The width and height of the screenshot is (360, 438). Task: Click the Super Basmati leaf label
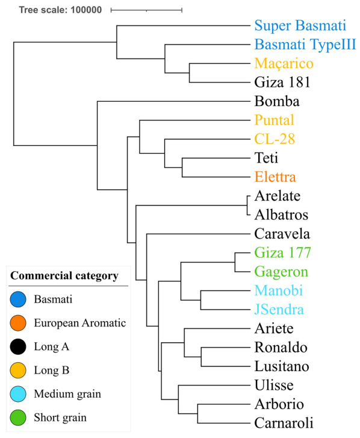click(300, 25)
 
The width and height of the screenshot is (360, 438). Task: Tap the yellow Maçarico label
click(284, 63)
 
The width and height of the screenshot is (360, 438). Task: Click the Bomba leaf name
click(276, 101)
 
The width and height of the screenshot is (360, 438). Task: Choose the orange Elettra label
click(276, 177)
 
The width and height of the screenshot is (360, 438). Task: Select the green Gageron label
click(281, 272)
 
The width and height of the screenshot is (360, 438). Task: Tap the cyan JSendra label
click(279, 310)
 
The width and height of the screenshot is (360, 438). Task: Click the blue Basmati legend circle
click(18, 298)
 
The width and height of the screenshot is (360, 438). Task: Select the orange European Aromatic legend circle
click(18, 322)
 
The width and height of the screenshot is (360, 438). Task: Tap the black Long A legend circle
click(18, 346)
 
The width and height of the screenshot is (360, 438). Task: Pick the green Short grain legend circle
click(18, 418)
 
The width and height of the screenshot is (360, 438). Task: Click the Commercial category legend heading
click(63, 276)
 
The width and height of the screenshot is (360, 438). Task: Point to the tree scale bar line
click(146, 10)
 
